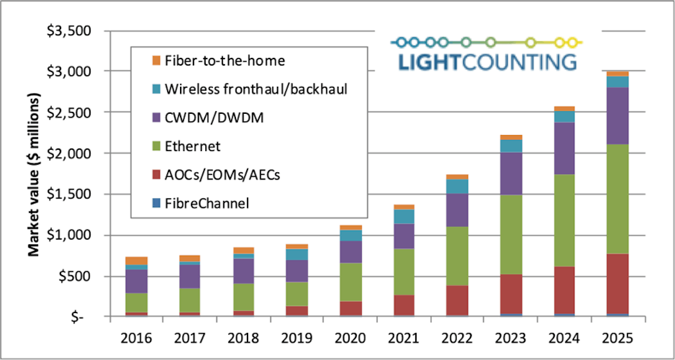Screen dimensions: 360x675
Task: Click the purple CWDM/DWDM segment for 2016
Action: tap(136, 281)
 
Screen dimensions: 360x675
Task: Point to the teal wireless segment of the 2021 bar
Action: tap(404, 216)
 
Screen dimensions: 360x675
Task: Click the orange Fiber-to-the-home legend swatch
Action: tap(155, 60)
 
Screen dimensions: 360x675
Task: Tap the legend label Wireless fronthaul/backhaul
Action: tap(256, 89)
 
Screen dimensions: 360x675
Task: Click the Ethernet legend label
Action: tap(192, 147)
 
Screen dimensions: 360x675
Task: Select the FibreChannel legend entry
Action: tap(206, 204)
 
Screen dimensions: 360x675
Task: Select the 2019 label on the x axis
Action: tap(298, 337)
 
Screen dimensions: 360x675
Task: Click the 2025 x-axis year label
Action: tap(618, 337)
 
